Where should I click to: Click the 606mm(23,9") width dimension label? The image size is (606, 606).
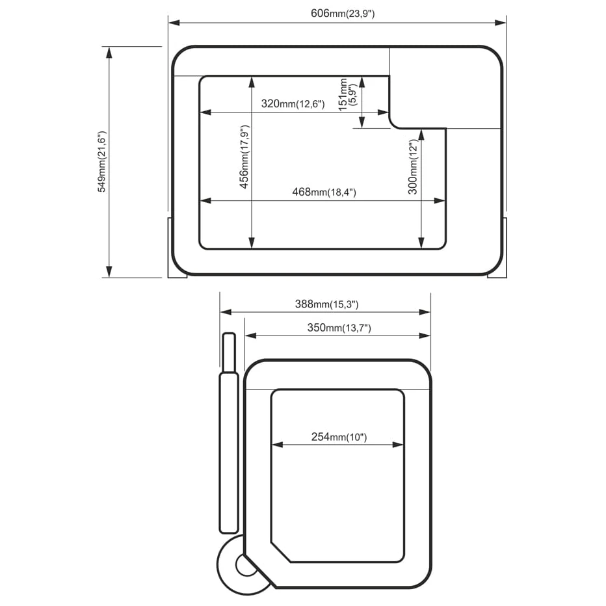(343, 14)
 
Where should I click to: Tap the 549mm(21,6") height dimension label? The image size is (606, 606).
(101, 161)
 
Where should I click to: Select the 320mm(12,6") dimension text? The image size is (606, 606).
(293, 103)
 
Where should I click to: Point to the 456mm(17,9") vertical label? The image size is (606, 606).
(244, 157)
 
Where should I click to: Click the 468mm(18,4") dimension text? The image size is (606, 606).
(324, 192)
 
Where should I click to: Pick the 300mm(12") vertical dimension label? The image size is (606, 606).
(413, 167)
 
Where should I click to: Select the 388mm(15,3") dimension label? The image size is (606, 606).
(326, 304)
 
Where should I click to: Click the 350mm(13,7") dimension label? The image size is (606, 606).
(339, 328)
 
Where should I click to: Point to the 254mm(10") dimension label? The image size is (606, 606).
(339, 437)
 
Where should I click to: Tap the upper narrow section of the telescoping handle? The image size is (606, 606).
(229, 352)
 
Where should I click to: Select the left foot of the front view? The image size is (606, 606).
(177, 247)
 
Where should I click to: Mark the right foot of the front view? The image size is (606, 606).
(497, 247)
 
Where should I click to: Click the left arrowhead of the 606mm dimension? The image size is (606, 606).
(174, 23)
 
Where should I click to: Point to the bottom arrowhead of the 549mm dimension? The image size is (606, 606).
(109, 272)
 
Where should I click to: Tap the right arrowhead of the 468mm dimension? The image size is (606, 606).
(440, 200)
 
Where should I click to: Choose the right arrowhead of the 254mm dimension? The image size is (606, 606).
(398, 445)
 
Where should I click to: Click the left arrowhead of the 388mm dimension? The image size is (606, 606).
(226, 312)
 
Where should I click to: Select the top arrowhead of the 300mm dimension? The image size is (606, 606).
(421, 135)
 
